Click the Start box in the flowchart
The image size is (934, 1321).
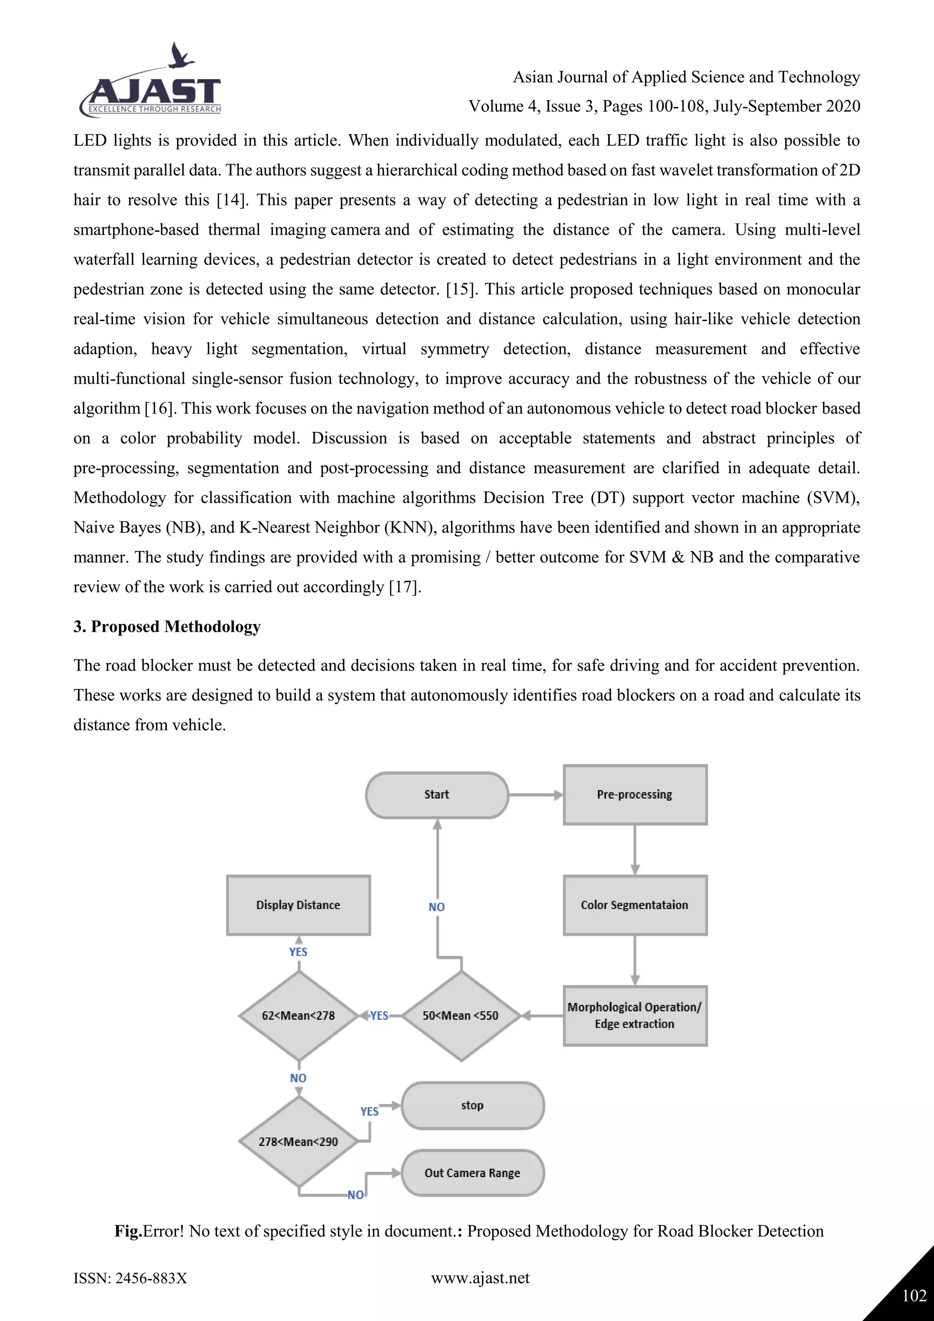436,795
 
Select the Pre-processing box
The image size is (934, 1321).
635,795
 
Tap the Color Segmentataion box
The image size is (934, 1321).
635,905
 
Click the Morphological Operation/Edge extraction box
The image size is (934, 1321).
635,1015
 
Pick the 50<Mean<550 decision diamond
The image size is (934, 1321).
461,1015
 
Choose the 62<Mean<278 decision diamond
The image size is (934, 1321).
299,1015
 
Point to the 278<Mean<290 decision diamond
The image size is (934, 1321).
299,1141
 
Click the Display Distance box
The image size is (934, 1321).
299,905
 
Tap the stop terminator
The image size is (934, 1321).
472,1105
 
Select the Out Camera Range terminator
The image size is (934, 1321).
472,1173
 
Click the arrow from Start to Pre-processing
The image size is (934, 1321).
535,795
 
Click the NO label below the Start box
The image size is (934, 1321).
436,907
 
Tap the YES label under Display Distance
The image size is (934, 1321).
299,952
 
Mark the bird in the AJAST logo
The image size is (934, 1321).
181,57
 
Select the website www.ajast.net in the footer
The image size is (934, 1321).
480,1278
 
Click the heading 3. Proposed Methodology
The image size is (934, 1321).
167,627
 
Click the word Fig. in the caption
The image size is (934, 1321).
128,1231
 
